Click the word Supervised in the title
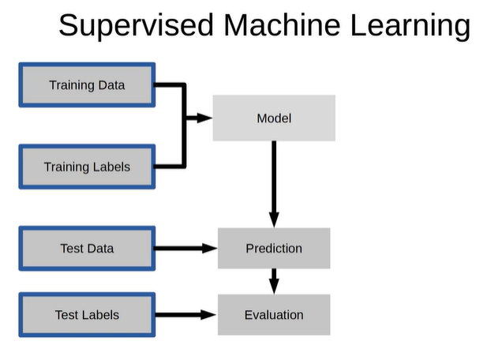[x=136, y=26]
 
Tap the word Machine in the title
[x=282, y=24]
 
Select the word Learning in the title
[x=410, y=26]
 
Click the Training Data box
[x=87, y=85]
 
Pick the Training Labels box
[x=87, y=167]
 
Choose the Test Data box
[x=87, y=249]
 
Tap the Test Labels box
[x=87, y=315]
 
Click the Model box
[x=274, y=118]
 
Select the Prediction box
[x=274, y=248]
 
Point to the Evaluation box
[x=274, y=315]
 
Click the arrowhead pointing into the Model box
[x=205, y=118]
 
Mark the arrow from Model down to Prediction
[x=274, y=184]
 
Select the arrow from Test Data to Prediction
[x=185, y=248]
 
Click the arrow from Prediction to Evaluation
[x=274, y=281]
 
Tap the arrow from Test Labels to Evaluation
[x=185, y=315]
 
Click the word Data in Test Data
[x=99, y=249]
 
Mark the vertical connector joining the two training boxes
[x=184, y=126]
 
